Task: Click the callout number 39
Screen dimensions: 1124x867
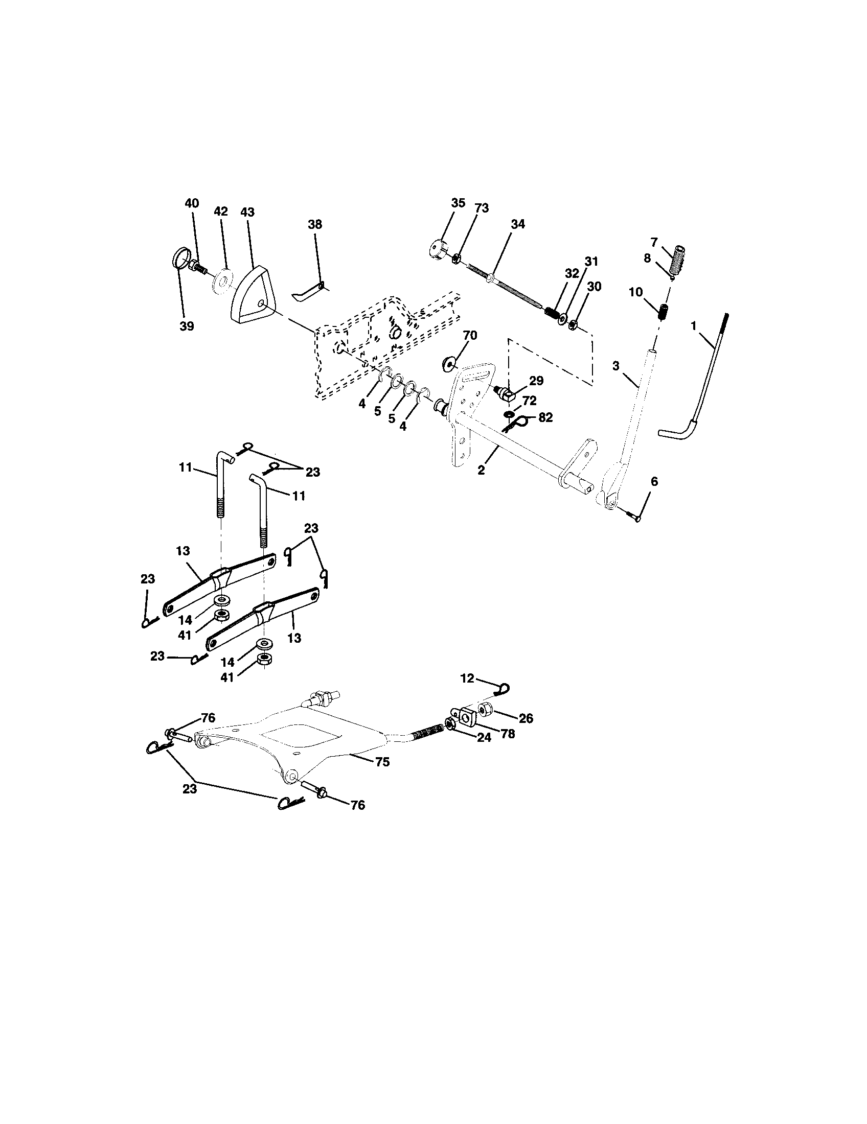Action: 187,326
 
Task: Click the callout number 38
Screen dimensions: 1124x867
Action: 315,224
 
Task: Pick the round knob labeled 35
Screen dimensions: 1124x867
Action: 439,249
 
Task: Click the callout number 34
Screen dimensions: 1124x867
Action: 518,224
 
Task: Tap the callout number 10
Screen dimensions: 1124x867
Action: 635,292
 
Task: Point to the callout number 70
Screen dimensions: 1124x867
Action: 470,336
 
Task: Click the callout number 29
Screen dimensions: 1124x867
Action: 536,380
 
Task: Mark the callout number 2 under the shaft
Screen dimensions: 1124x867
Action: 481,470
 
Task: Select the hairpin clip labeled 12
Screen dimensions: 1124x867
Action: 503,687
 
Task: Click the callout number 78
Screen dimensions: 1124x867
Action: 508,734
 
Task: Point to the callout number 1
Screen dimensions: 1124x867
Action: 694,325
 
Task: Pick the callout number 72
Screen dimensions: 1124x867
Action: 529,401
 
